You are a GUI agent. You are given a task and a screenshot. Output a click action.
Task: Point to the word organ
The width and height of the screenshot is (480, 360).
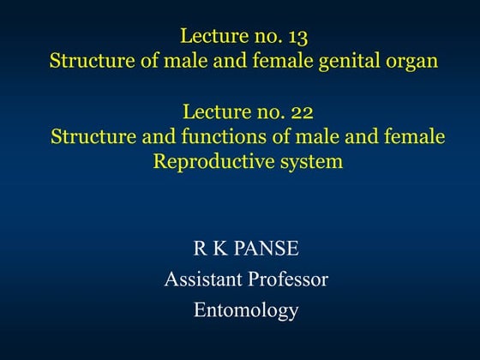(409, 62)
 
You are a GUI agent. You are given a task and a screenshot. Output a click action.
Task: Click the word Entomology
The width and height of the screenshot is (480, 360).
(245, 309)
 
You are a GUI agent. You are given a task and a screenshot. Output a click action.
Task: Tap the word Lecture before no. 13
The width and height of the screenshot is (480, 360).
(209, 37)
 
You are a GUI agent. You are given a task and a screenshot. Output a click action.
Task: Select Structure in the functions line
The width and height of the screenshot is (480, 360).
(88, 136)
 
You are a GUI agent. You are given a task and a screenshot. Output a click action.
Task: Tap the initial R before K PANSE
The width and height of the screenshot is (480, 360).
(201, 250)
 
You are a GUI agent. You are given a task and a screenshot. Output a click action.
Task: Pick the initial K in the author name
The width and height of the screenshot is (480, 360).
(220, 250)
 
